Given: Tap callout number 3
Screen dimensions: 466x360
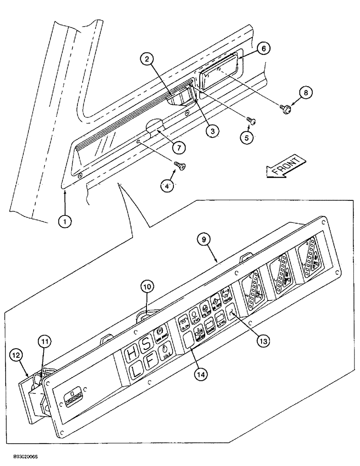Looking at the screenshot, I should tap(212, 132).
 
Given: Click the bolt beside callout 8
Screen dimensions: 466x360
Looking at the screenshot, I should tap(284, 108).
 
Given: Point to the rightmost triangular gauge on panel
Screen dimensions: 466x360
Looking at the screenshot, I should tap(312, 264).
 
